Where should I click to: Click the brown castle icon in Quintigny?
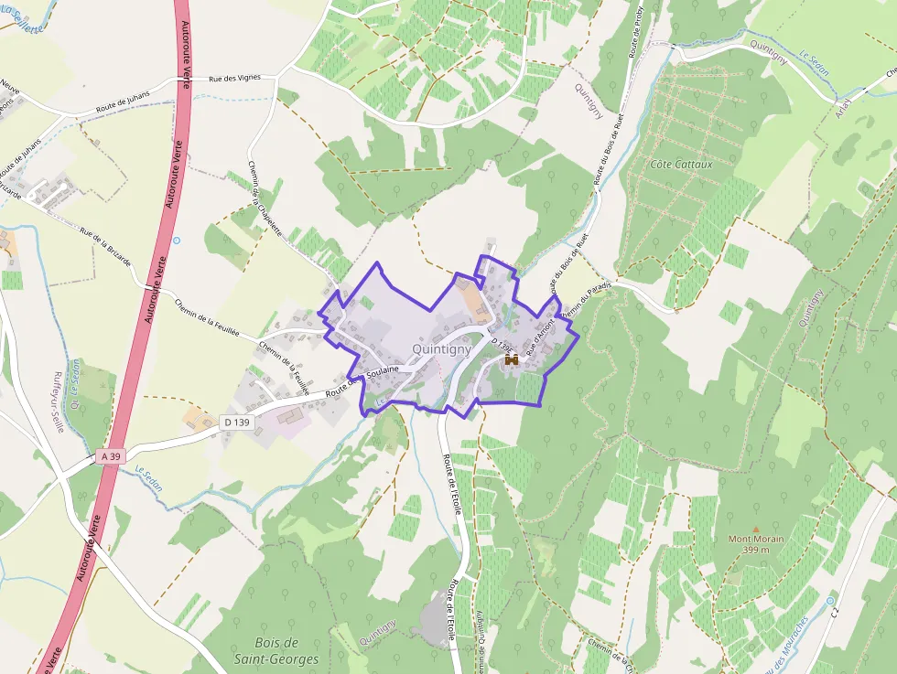click(512, 360)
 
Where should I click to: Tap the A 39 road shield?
click(110, 455)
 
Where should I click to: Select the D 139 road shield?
click(236, 422)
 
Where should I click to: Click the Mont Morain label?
click(755, 539)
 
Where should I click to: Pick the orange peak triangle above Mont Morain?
click(755, 529)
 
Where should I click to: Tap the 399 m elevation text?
click(755, 550)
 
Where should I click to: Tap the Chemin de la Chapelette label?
click(263, 198)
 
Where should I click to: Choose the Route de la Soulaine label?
click(362, 381)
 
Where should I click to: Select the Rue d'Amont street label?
click(540, 326)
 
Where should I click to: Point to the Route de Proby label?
click(638, 37)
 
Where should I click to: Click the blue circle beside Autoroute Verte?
click(176, 241)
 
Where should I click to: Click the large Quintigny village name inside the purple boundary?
click(441, 348)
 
